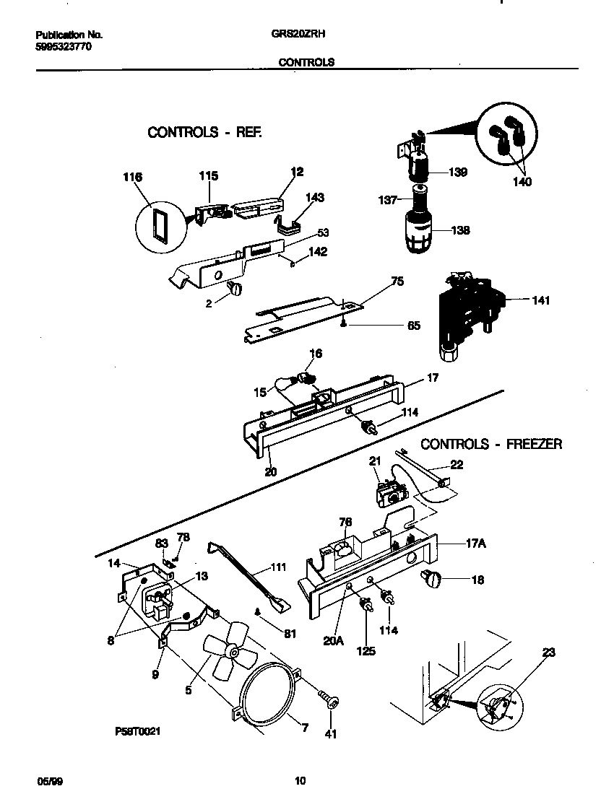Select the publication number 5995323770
click(64, 47)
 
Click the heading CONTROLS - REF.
click(205, 132)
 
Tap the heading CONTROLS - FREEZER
click(490, 444)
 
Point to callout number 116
click(133, 178)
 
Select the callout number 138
click(460, 231)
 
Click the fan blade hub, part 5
click(233, 651)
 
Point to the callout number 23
click(549, 652)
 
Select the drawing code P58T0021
click(137, 731)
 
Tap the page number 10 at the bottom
click(300, 780)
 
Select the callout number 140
click(522, 182)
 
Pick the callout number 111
click(278, 567)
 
